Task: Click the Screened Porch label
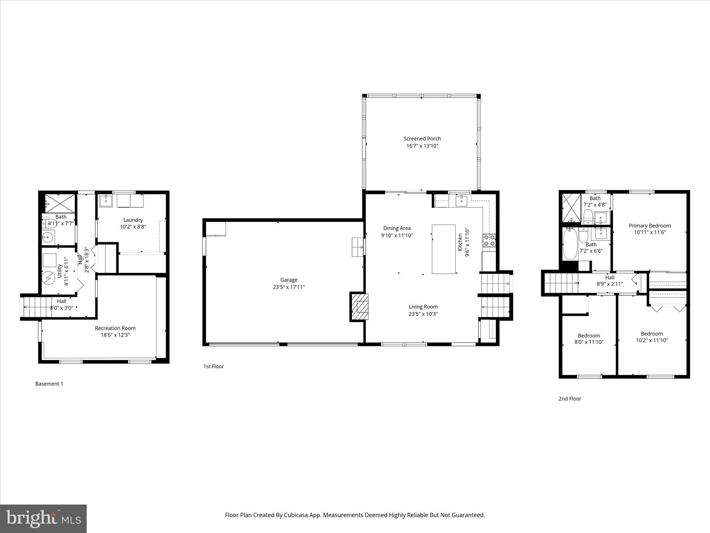[x=422, y=139]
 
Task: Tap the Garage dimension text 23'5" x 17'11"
[x=288, y=287]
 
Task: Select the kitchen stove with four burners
[x=489, y=240]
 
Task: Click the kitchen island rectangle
[x=443, y=249]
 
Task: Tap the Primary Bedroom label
[x=650, y=226]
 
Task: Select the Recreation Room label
[x=115, y=328]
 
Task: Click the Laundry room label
[x=133, y=220]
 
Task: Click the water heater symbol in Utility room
[x=49, y=278]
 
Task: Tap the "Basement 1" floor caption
[x=49, y=384]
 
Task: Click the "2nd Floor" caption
[x=570, y=399]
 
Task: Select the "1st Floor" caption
[x=214, y=366]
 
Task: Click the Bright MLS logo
[x=43, y=519]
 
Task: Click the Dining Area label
[x=397, y=228]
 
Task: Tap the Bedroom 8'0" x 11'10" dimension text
[x=589, y=342]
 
